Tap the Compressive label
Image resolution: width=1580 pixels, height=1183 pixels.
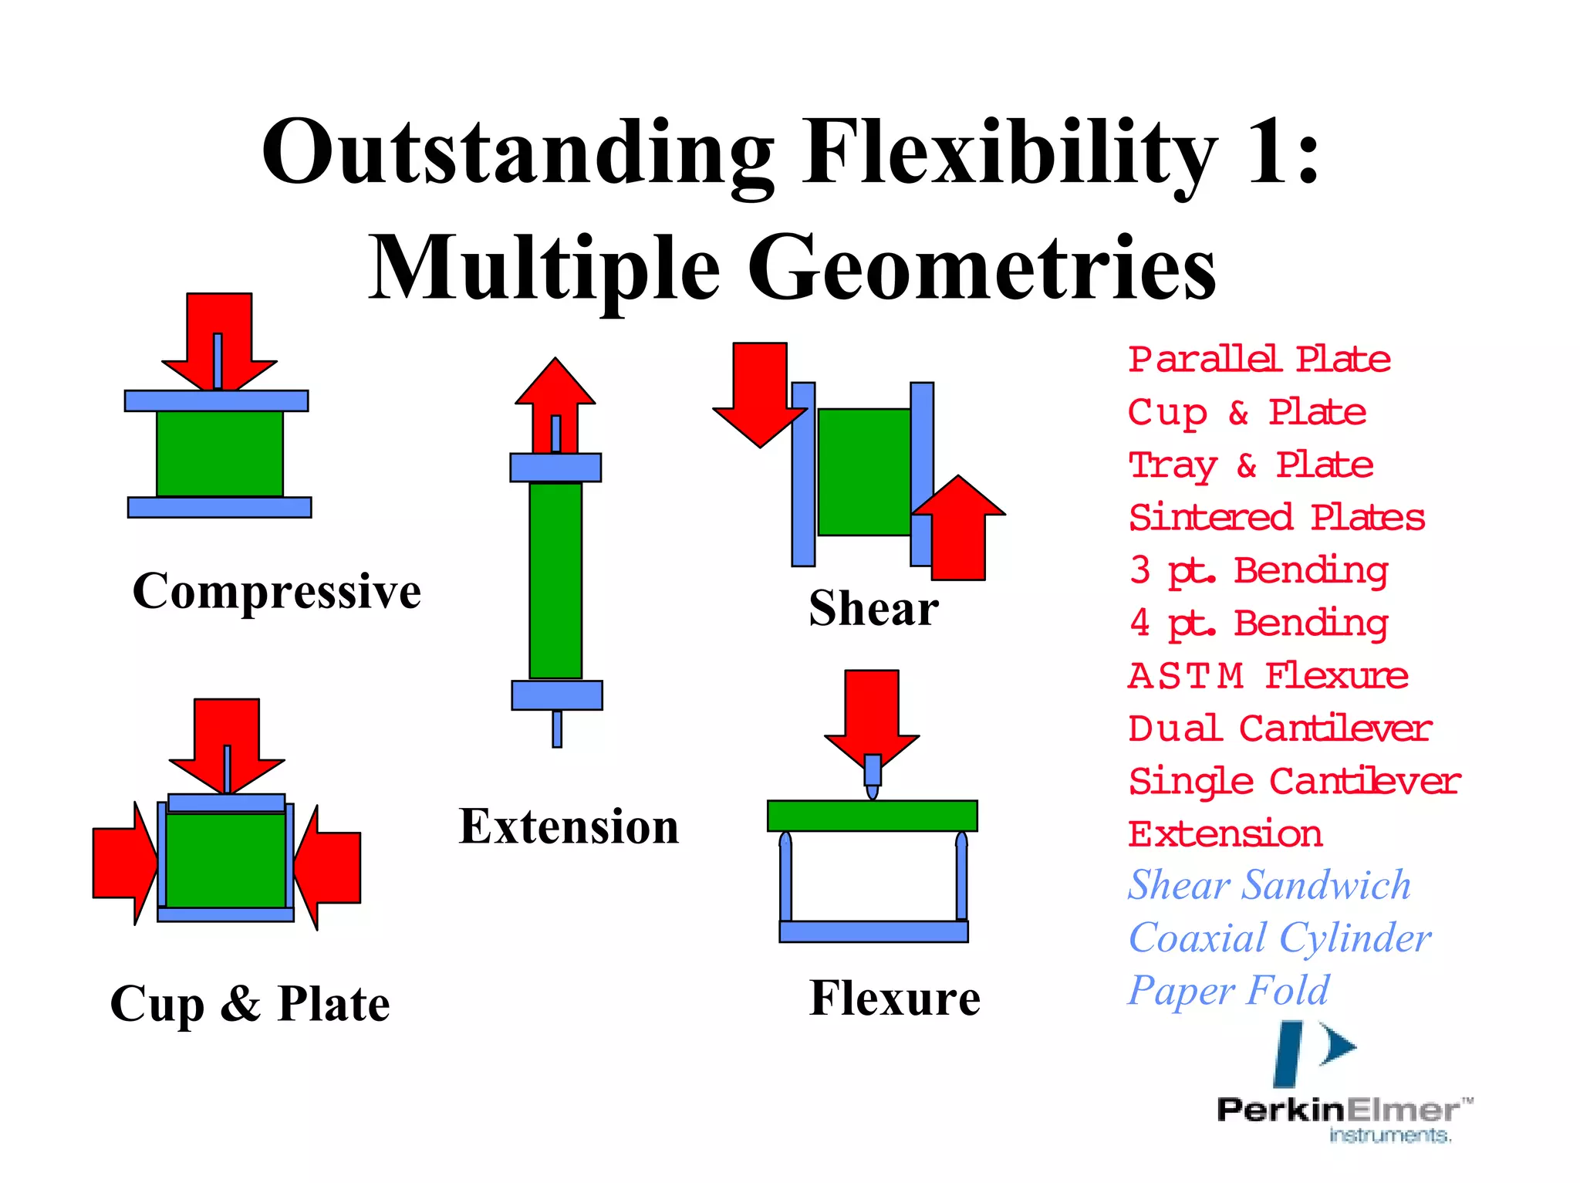click(x=276, y=591)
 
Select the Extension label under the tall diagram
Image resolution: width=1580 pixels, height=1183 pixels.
click(x=569, y=826)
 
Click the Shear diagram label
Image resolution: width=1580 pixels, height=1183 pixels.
click(x=873, y=608)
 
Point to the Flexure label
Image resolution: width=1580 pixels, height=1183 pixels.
click(x=895, y=998)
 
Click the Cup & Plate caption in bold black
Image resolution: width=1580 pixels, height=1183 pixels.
click(x=250, y=1004)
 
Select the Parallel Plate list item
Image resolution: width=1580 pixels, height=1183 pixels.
click(x=1259, y=360)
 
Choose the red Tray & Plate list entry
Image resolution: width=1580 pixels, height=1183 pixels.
click(x=1251, y=465)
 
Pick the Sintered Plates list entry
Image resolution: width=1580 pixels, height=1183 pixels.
click(x=1277, y=518)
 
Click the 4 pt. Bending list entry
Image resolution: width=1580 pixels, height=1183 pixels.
click(x=1258, y=624)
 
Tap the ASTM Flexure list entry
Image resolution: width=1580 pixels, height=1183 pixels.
click(x=1268, y=676)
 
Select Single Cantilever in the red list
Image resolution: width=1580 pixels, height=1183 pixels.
click(x=1295, y=782)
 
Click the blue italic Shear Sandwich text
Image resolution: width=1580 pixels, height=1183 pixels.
click(x=1269, y=885)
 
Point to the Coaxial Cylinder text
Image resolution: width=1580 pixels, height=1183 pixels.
click(x=1279, y=938)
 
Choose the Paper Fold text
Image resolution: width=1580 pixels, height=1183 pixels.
click(x=1228, y=991)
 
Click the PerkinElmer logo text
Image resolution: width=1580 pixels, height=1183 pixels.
click(x=1338, y=1110)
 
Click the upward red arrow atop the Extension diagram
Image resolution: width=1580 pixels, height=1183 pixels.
click(x=555, y=394)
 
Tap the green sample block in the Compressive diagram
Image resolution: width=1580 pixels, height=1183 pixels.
click(x=220, y=454)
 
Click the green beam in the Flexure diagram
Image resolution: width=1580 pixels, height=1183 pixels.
click(x=872, y=816)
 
